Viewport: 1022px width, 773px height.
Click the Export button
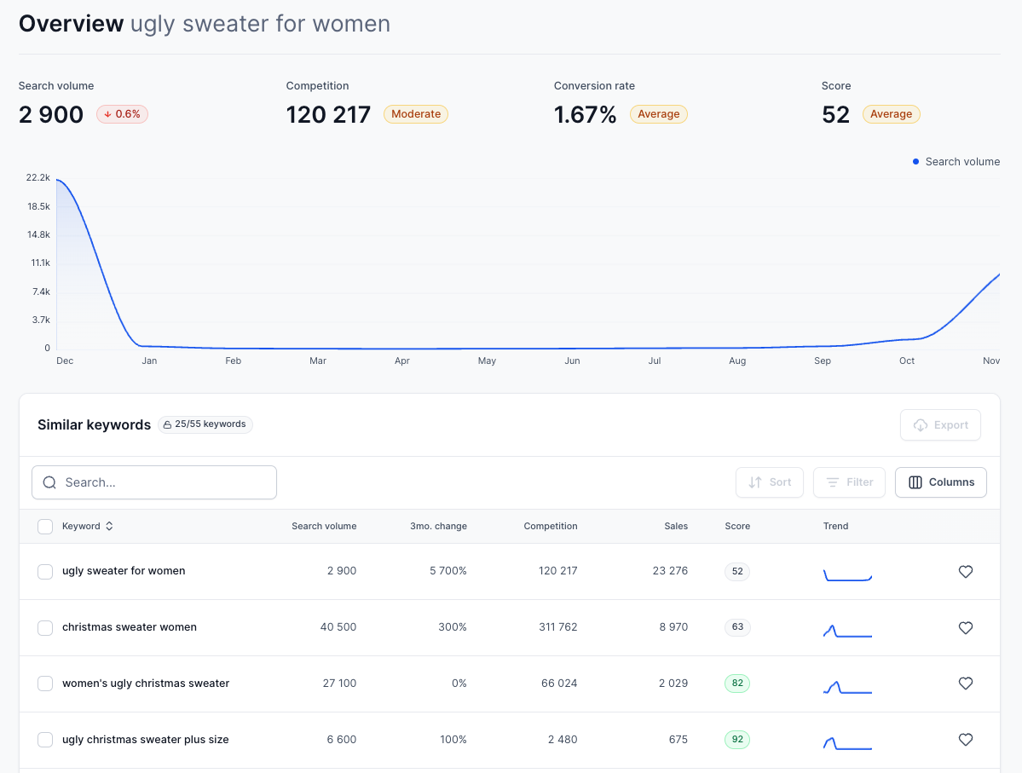[x=940, y=425]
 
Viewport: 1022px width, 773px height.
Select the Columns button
[x=941, y=482]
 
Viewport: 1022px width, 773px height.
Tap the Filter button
[x=849, y=482]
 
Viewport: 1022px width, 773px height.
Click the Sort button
[x=770, y=482]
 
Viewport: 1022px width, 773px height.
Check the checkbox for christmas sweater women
[x=45, y=628]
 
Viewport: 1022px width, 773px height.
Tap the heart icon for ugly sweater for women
[x=966, y=572]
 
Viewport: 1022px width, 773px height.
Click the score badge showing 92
[x=737, y=740]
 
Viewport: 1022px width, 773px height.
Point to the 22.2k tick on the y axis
[x=38, y=178]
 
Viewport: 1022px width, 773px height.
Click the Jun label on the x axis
[x=572, y=361]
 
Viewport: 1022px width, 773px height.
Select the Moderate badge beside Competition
[x=416, y=114]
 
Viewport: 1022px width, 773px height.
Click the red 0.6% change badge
[x=122, y=114]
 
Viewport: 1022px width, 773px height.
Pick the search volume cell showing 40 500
[x=338, y=627]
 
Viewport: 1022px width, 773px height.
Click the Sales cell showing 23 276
[x=670, y=571]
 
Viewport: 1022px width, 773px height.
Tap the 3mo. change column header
[x=438, y=527]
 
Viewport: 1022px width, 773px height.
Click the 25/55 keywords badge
[x=205, y=424]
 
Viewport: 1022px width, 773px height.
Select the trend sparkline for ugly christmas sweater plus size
[x=847, y=741]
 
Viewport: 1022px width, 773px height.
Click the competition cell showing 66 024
[x=558, y=684]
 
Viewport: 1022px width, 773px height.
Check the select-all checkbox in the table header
[x=45, y=527]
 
